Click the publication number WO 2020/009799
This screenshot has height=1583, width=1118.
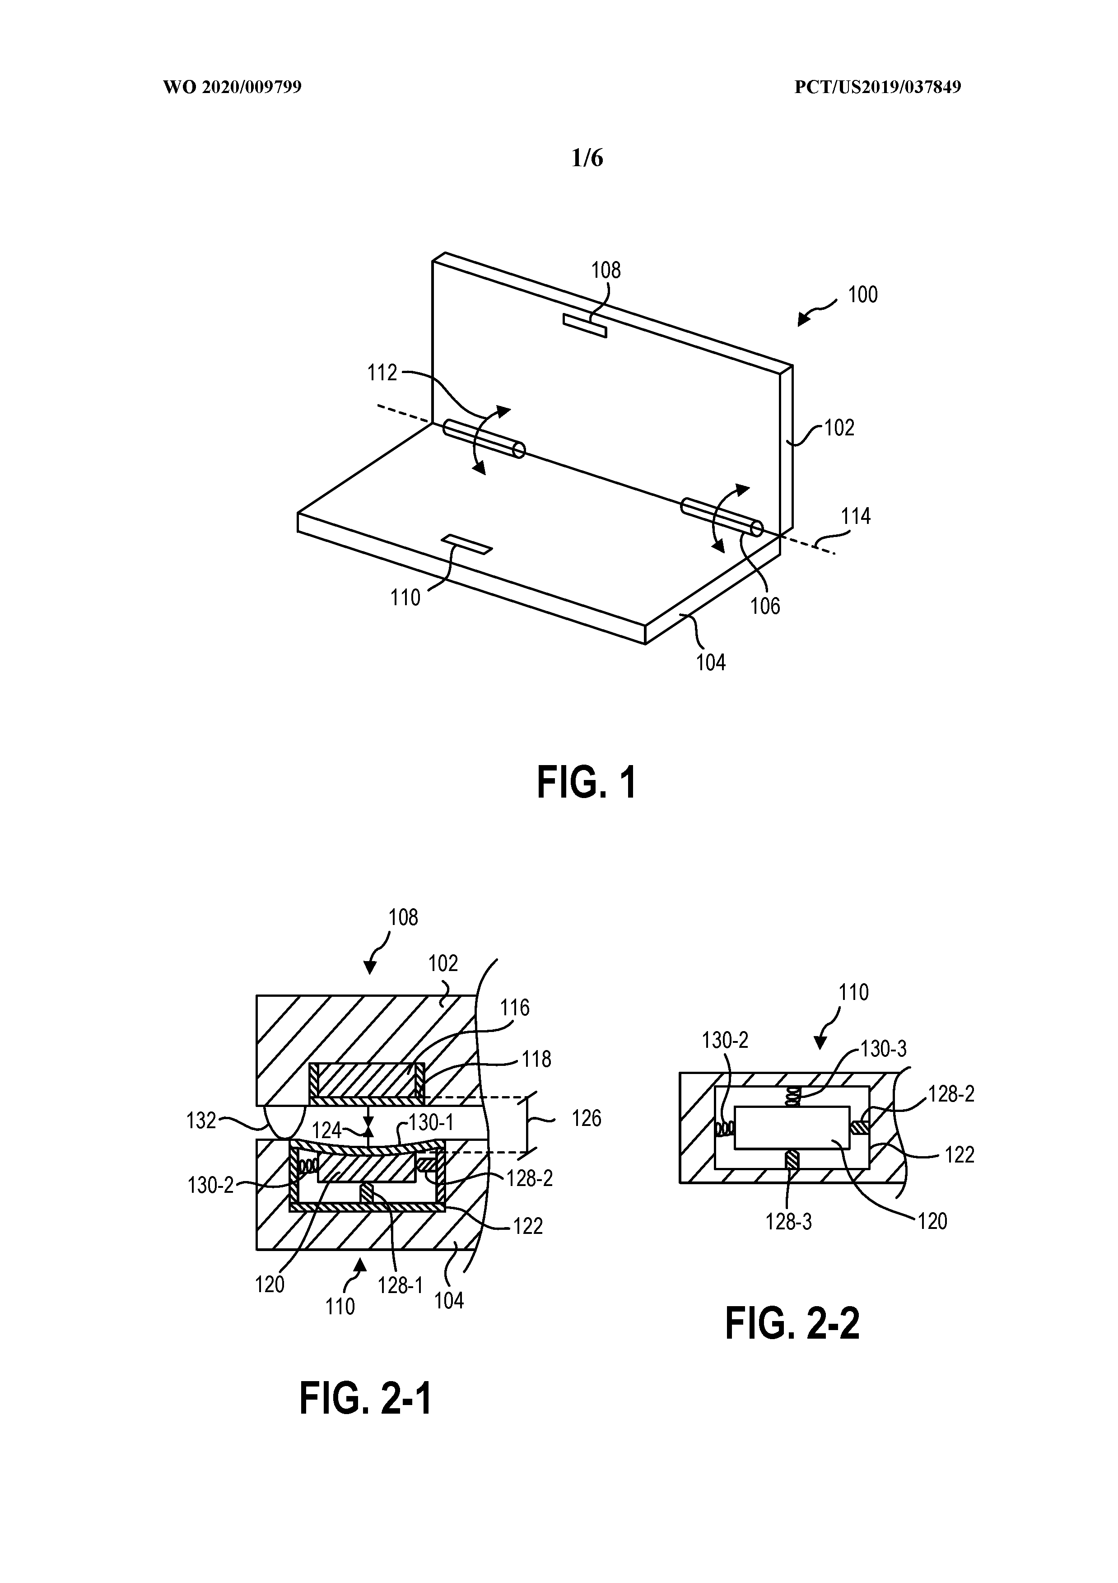coord(232,88)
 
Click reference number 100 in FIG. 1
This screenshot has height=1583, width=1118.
coord(862,295)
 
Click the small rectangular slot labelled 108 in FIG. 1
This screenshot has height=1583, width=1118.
coord(584,326)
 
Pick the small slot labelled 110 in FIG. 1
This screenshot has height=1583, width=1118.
coord(467,544)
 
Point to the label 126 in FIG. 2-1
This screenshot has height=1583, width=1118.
coord(587,1118)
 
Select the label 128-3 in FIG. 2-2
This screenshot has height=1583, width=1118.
coord(788,1222)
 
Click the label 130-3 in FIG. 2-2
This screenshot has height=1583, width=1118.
coord(884,1049)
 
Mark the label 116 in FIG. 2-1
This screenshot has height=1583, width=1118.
coord(514,1008)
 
